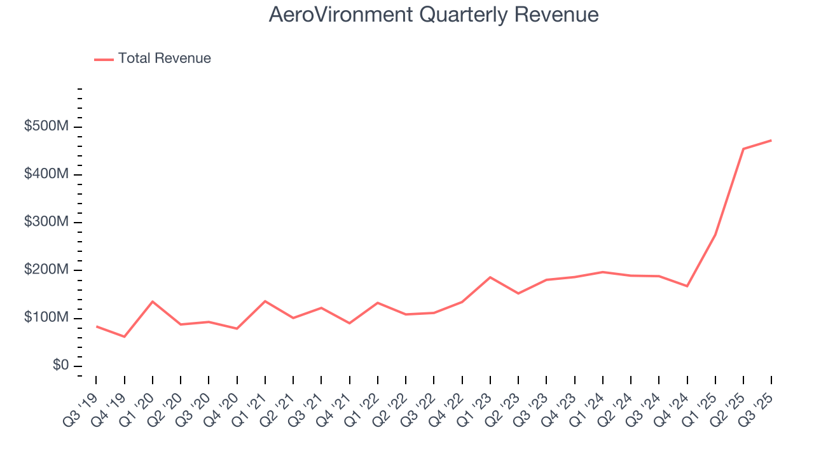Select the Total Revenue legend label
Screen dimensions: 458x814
[164, 59]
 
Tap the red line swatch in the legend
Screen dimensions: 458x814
[104, 59]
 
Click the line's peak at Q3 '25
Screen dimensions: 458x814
[771, 140]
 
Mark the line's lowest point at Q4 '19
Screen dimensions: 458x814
[124, 337]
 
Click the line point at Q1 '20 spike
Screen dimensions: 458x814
[153, 302]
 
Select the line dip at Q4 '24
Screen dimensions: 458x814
[687, 286]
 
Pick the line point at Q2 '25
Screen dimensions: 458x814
[743, 149]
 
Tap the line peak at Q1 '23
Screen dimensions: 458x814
[490, 277]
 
